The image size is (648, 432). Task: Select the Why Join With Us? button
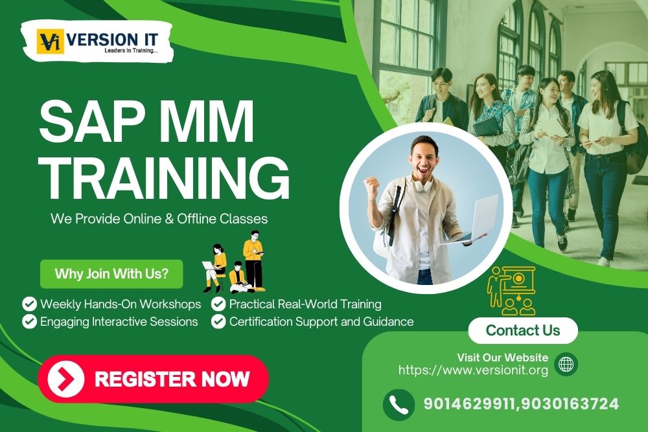click(111, 273)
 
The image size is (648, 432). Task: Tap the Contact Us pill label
click(522, 330)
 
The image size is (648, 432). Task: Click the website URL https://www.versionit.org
click(473, 370)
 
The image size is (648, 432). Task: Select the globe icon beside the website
click(566, 364)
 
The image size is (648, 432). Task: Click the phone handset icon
click(399, 404)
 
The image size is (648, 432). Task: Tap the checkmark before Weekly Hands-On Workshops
click(29, 304)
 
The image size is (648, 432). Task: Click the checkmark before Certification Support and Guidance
click(218, 321)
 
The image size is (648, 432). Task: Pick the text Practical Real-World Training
click(305, 304)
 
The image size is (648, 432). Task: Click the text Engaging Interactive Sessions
click(119, 321)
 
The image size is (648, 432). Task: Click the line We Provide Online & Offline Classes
click(159, 218)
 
